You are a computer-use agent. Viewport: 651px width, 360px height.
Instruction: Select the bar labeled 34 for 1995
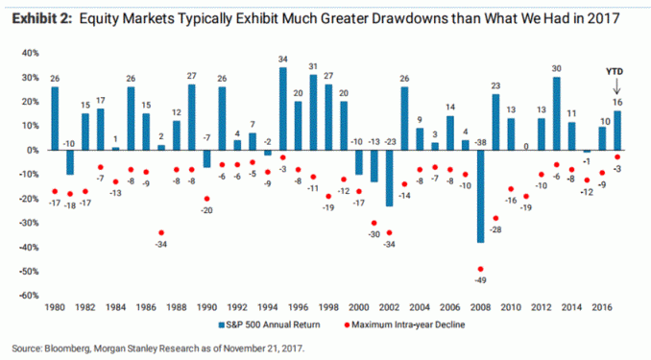point(283,108)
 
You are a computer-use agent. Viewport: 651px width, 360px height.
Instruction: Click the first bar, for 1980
point(55,118)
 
